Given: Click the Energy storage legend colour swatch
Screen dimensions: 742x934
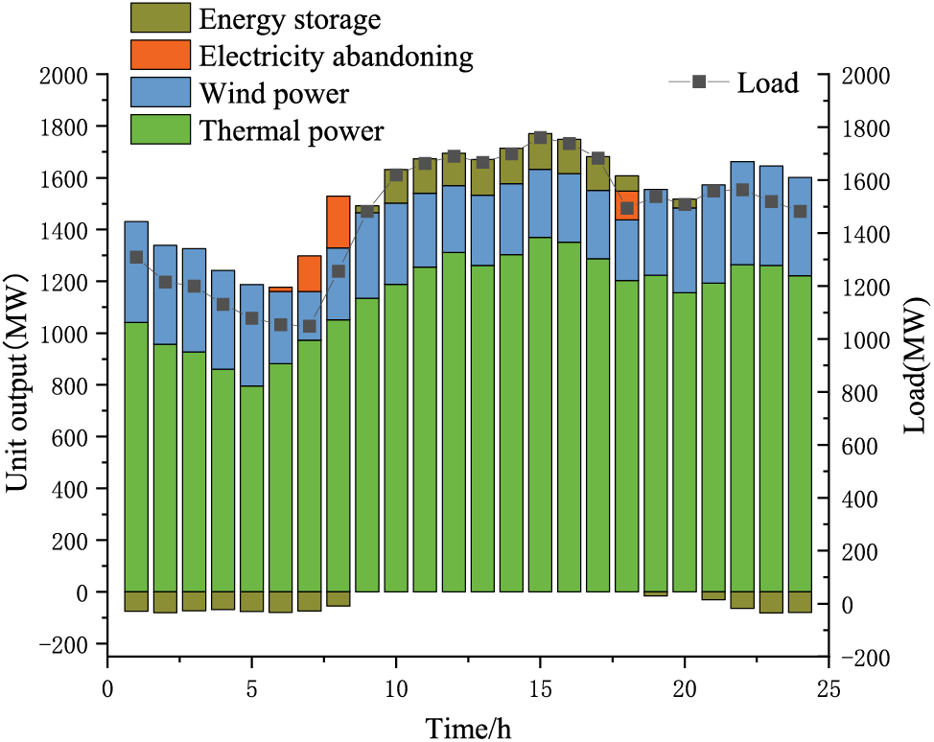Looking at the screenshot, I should click(160, 17).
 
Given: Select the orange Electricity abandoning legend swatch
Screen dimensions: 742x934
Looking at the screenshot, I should click(160, 55).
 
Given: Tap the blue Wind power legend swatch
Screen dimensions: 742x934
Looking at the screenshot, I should click(160, 92).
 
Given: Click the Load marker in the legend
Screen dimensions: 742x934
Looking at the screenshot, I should click(699, 82).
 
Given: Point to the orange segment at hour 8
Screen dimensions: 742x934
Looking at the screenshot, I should click(339, 221).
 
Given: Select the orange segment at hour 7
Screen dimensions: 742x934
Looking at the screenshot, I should click(309, 273).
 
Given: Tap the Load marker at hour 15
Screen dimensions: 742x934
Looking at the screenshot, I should click(540, 138).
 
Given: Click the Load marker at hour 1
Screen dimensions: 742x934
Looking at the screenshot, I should click(136, 257).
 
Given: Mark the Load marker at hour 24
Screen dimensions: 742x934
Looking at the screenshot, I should click(800, 211).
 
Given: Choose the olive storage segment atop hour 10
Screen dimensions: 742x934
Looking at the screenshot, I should click(396, 186).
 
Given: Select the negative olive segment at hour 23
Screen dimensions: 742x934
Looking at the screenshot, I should click(771, 602).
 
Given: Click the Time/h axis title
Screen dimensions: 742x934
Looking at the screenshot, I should click(468, 727).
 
